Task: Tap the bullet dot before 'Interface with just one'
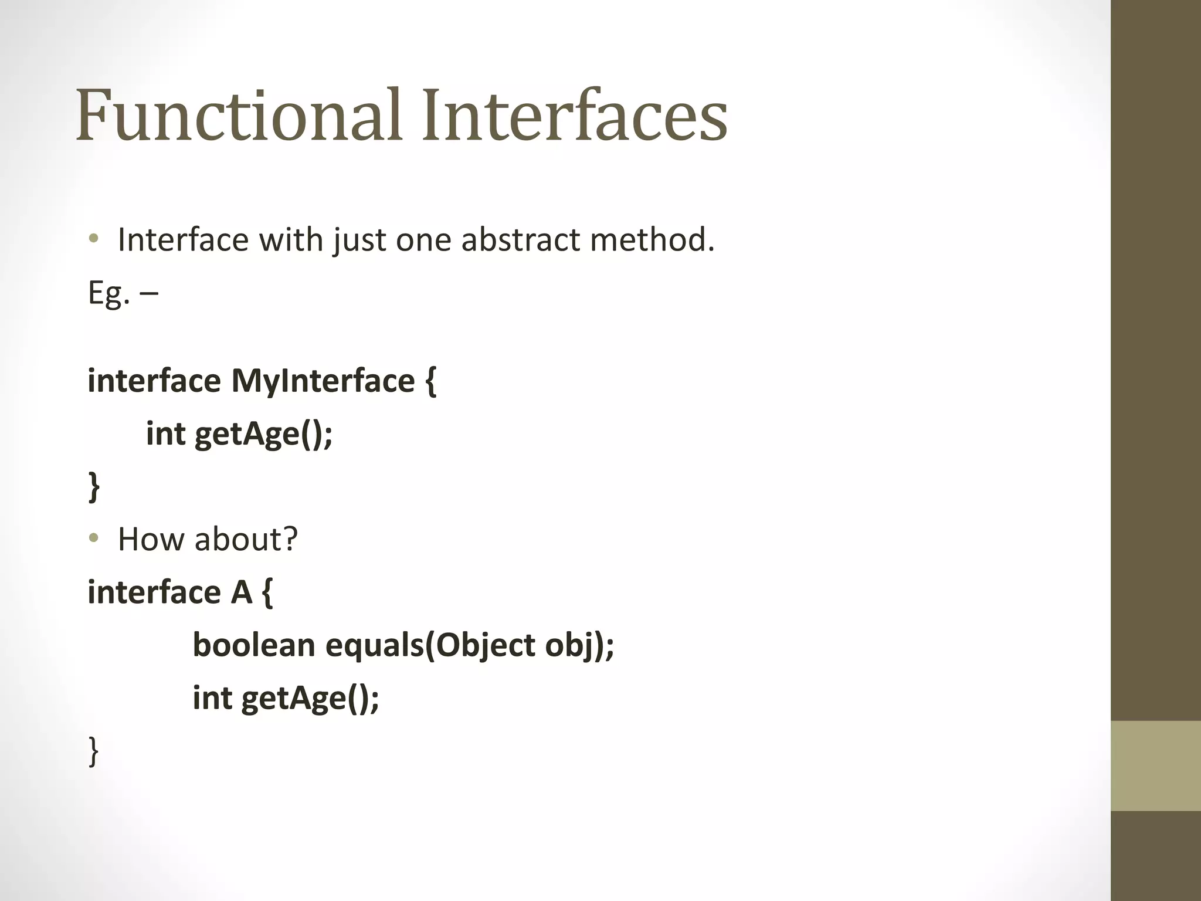(93, 239)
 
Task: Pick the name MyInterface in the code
(323, 381)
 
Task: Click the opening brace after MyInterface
(430, 382)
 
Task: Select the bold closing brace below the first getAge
(94, 487)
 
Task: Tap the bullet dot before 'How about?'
(93, 538)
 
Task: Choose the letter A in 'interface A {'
(241, 592)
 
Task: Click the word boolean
(254, 645)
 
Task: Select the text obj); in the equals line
(579, 645)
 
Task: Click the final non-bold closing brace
(93, 751)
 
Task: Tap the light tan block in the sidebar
(1155, 765)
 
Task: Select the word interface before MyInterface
(154, 381)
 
